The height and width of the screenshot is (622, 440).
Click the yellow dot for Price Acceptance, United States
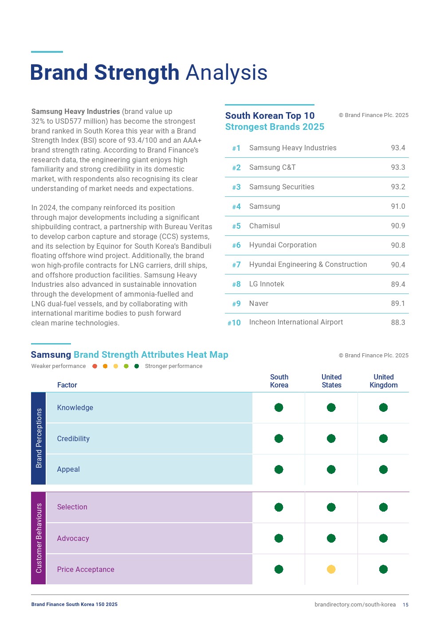tap(331, 569)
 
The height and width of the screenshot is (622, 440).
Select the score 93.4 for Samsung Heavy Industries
tap(398, 148)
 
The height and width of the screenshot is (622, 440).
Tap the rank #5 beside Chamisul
tap(236, 226)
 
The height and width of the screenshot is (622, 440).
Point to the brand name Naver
tap(259, 304)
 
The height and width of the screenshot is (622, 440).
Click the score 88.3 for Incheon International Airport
tap(398, 323)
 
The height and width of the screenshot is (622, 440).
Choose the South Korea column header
tap(279, 381)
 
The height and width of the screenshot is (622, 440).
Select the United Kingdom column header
tap(383, 381)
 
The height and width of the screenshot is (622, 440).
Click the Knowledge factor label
tap(75, 408)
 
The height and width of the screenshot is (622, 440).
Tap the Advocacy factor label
tap(73, 539)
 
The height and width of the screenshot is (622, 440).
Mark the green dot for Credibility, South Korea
tap(279, 438)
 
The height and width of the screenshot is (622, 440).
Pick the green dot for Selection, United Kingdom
tap(383, 507)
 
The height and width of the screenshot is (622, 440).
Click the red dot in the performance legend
tap(94, 366)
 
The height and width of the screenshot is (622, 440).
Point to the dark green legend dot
tap(137, 366)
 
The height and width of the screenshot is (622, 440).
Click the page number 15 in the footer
tap(405, 605)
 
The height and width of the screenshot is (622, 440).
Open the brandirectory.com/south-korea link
tap(355, 605)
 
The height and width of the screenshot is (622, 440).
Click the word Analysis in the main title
tap(226, 73)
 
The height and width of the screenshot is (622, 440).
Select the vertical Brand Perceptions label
tap(39, 438)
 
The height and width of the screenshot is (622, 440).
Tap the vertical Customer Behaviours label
tap(39, 538)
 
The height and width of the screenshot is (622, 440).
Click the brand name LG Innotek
tap(267, 284)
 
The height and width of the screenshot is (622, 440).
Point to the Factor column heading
tap(67, 385)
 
